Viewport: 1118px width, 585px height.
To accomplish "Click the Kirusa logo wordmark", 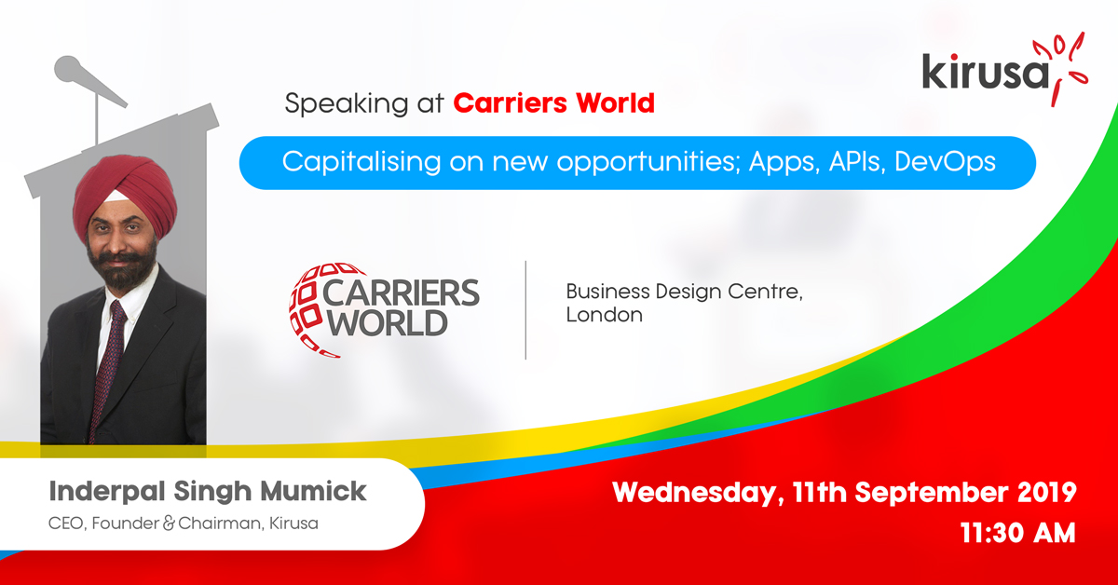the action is click(x=986, y=73).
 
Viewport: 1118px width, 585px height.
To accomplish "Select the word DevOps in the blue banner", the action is click(x=945, y=162).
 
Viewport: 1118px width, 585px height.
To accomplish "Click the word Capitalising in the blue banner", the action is click(x=361, y=163).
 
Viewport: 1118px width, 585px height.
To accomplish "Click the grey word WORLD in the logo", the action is click(x=388, y=323).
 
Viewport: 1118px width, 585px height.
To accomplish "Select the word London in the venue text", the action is click(x=605, y=315).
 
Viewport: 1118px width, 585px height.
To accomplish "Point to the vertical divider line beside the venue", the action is click(x=525, y=310).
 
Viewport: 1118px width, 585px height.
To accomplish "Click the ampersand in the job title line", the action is click(x=169, y=524).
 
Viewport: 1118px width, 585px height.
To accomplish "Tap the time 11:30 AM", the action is click(x=1017, y=533).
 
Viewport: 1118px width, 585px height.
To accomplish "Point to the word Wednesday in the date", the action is click(x=694, y=493).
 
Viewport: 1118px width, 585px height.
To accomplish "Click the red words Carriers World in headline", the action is click(x=553, y=103).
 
